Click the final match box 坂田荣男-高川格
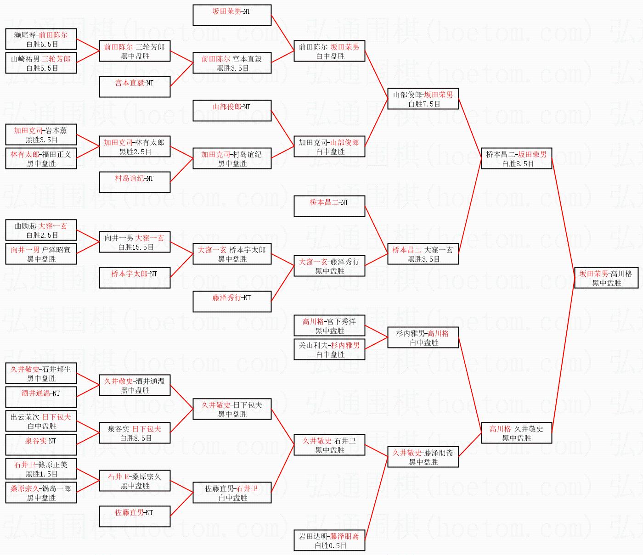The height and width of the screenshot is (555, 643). [606, 278]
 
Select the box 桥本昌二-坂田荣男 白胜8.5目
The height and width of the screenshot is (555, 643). [516, 158]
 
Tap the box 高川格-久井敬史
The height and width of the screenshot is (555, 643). [516, 433]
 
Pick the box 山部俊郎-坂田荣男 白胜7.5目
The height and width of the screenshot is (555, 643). [423, 99]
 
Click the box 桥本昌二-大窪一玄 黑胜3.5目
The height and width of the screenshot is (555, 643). [423, 254]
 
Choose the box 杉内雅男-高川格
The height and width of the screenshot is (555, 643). [423, 337]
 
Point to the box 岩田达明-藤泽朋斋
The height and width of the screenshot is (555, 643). [329, 540]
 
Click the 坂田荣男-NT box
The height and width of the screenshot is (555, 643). [232, 15]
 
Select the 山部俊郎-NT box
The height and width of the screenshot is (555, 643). [232, 110]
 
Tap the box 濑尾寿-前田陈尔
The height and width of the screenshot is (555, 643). [41, 39]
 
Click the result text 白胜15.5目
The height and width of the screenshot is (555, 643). [135, 247]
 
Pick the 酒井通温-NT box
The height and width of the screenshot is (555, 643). [41, 397]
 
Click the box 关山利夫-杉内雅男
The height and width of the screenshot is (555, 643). [329, 349]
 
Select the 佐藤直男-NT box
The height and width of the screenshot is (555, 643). [135, 516]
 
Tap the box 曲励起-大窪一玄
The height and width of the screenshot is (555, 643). [41, 230]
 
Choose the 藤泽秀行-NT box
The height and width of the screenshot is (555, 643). [232, 301]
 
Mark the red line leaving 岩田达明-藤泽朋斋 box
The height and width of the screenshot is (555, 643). [377, 499]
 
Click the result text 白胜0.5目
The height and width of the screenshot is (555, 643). [330, 545]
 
